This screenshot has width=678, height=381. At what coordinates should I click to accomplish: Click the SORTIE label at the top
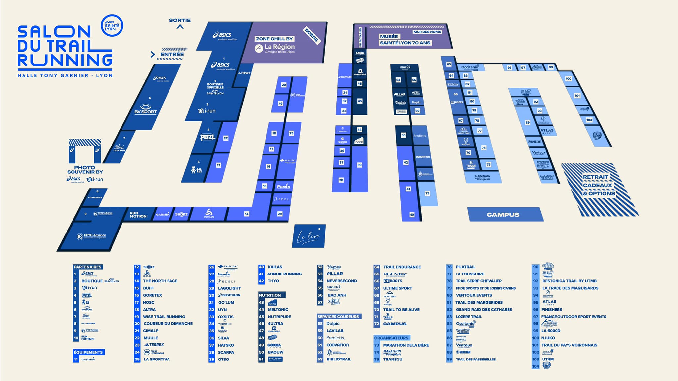coord(180,20)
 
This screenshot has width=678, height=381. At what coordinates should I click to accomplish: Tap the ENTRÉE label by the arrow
coord(172,54)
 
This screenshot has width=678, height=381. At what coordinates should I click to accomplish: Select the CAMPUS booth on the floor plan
coord(503,215)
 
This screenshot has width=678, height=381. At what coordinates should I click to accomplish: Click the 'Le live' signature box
coord(309,236)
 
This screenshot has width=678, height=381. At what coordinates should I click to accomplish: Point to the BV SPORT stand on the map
coord(145,109)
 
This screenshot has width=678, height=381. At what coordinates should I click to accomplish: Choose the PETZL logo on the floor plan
coord(207,137)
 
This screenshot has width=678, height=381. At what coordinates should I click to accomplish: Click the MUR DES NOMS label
coord(427,32)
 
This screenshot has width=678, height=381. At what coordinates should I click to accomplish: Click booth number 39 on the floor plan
coord(359,165)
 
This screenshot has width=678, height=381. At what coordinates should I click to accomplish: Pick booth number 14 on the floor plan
coord(247,214)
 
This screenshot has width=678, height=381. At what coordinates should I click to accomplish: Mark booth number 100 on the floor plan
coord(568,79)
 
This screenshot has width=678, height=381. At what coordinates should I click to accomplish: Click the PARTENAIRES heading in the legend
coord(87,267)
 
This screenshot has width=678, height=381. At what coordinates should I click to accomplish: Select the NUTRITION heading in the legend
coord(270,295)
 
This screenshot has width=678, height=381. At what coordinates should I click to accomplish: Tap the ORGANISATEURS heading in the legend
coord(391,338)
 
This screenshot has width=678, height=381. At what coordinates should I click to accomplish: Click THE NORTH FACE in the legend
coord(160,281)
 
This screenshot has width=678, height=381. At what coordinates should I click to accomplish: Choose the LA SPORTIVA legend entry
coord(157,359)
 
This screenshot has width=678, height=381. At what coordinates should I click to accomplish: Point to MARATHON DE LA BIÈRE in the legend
coord(406,345)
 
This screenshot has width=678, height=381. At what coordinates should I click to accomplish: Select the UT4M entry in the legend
coord(548,359)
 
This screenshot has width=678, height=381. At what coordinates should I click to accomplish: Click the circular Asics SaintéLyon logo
coord(112,25)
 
